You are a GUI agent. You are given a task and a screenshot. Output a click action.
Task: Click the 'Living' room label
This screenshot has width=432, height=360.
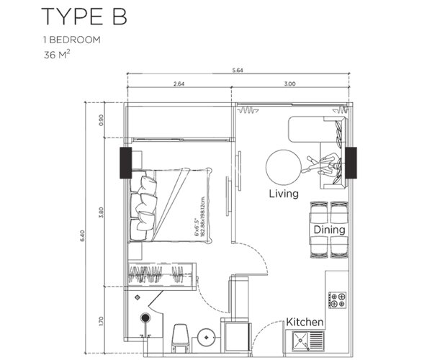point(283,194)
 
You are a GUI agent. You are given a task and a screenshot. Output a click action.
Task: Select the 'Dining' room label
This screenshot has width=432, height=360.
point(329,230)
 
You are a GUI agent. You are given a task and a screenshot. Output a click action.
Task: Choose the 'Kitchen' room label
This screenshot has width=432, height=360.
point(305,322)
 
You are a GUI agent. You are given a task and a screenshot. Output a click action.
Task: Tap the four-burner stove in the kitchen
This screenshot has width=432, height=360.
point(337,300)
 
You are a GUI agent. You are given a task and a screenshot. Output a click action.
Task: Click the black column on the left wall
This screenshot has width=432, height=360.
point(125,163)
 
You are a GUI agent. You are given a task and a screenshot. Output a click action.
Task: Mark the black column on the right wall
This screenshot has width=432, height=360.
point(351,162)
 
